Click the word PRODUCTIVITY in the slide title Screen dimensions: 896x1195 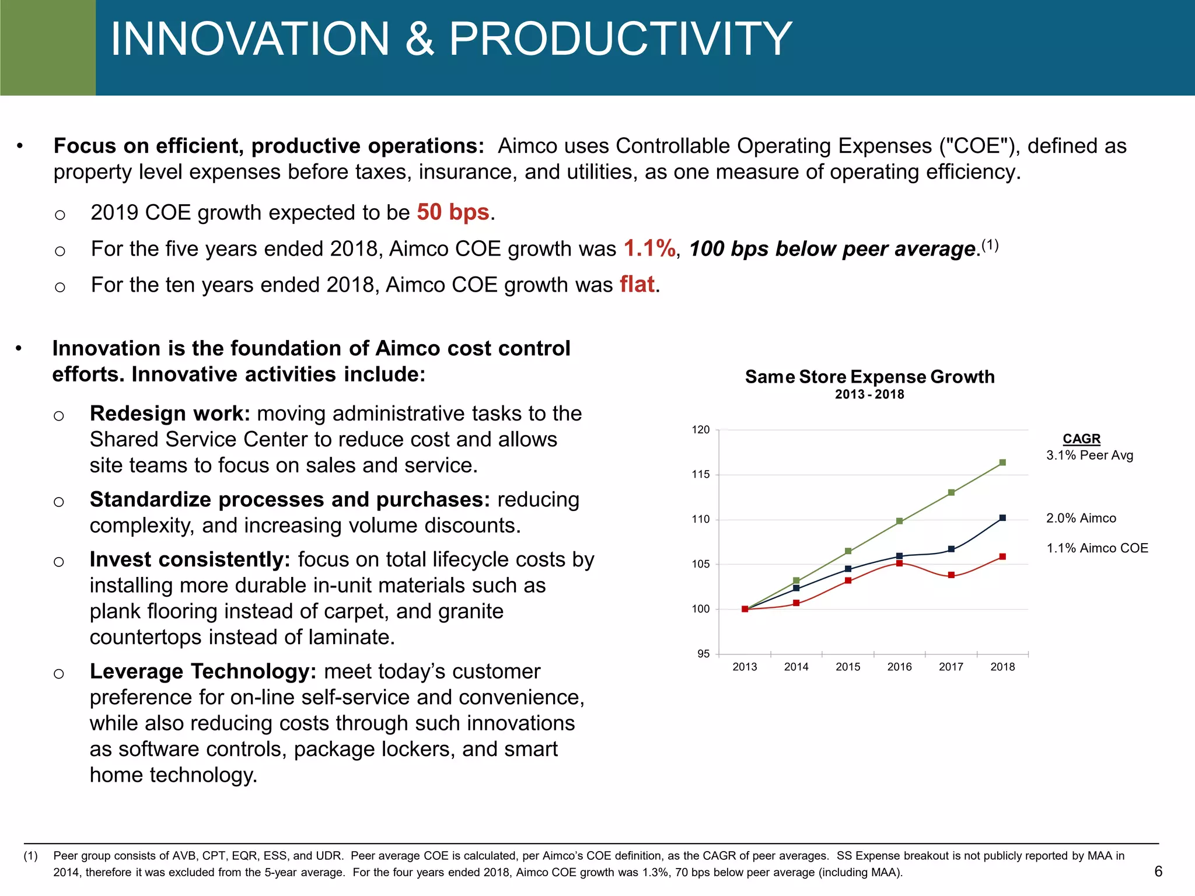coord(620,39)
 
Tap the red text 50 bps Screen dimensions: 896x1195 coord(453,212)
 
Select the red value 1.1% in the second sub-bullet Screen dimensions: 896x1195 coord(649,249)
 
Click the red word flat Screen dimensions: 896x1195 coord(637,285)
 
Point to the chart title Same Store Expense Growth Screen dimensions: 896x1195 coord(869,377)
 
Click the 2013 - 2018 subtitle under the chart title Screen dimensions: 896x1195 coord(869,394)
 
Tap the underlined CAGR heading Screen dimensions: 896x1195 coord(1081,439)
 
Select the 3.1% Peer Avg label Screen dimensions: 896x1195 coord(1089,456)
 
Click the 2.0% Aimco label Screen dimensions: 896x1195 coord(1081,518)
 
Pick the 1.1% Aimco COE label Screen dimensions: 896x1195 coord(1097,548)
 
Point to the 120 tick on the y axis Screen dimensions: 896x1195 coord(701,430)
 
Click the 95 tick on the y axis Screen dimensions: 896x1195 coord(704,654)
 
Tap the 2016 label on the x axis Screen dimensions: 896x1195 coord(899,667)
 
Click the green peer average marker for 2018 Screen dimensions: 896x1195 coord(1002,463)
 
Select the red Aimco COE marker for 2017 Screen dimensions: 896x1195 coord(951,575)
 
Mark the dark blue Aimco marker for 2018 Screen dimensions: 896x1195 coord(1002,518)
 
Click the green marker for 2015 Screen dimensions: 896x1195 coord(848,551)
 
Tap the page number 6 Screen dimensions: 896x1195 coord(1158,871)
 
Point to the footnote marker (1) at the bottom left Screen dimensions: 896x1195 coord(31,856)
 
